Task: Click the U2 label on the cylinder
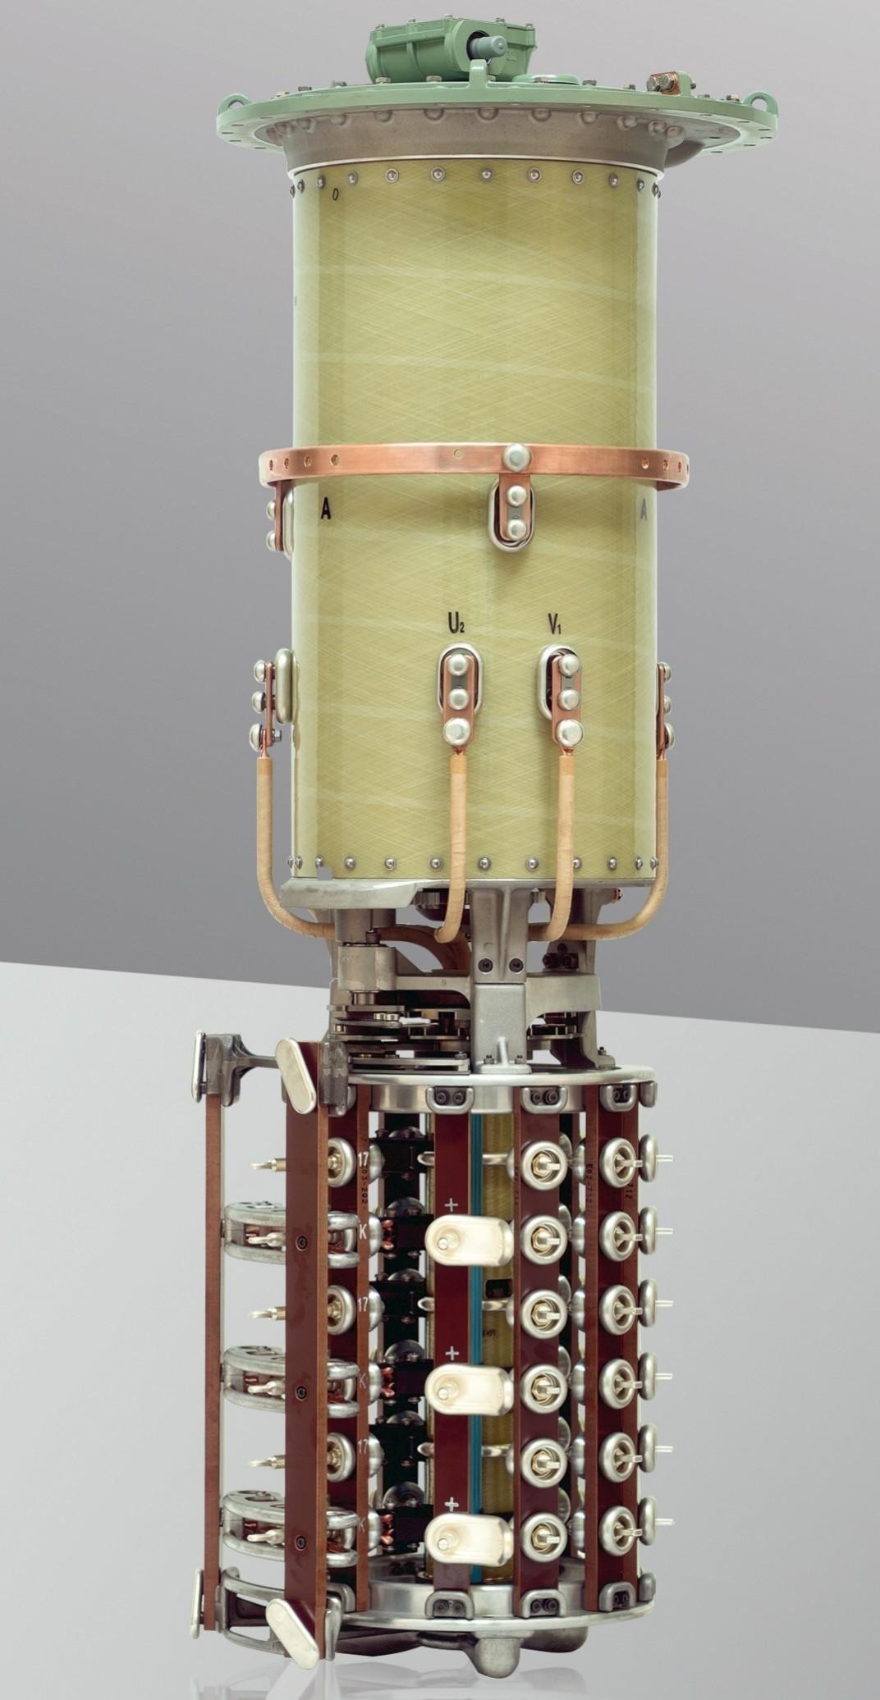point(456,625)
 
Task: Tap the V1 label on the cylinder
point(555,625)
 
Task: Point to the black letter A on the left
point(326,510)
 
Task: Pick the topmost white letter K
point(363,1233)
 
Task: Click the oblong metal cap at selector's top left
point(297,1064)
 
